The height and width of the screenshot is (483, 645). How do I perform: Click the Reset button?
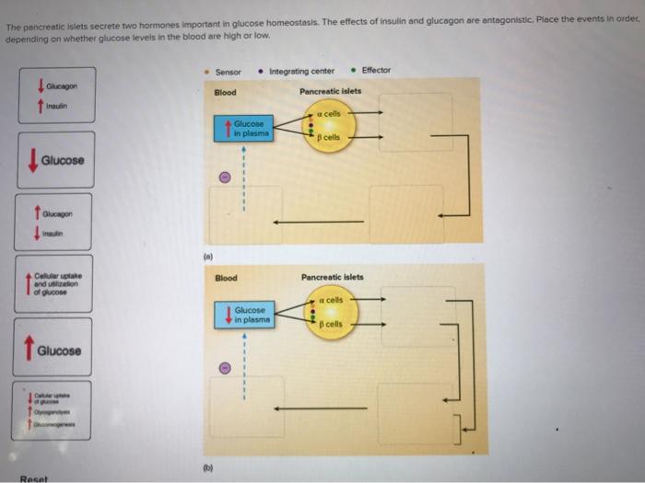(x=33, y=477)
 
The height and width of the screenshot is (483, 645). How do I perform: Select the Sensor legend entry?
(x=227, y=71)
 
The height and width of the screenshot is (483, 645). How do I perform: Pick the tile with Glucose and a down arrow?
(x=53, y=160)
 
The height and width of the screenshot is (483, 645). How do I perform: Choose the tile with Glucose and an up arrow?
(x=53, y=351)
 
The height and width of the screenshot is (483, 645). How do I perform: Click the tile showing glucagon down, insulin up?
(x=53, y=97)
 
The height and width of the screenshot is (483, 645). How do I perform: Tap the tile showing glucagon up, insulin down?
(x=53, y=222)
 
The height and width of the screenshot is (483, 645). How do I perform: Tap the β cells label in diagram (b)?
(x=331, y=324)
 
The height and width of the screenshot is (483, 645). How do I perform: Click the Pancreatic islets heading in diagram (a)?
(x=331, y=91)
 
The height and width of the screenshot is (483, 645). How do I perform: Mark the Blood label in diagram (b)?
(x=225, y=277)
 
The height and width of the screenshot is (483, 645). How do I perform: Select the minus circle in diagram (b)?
(x=224, y=366)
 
